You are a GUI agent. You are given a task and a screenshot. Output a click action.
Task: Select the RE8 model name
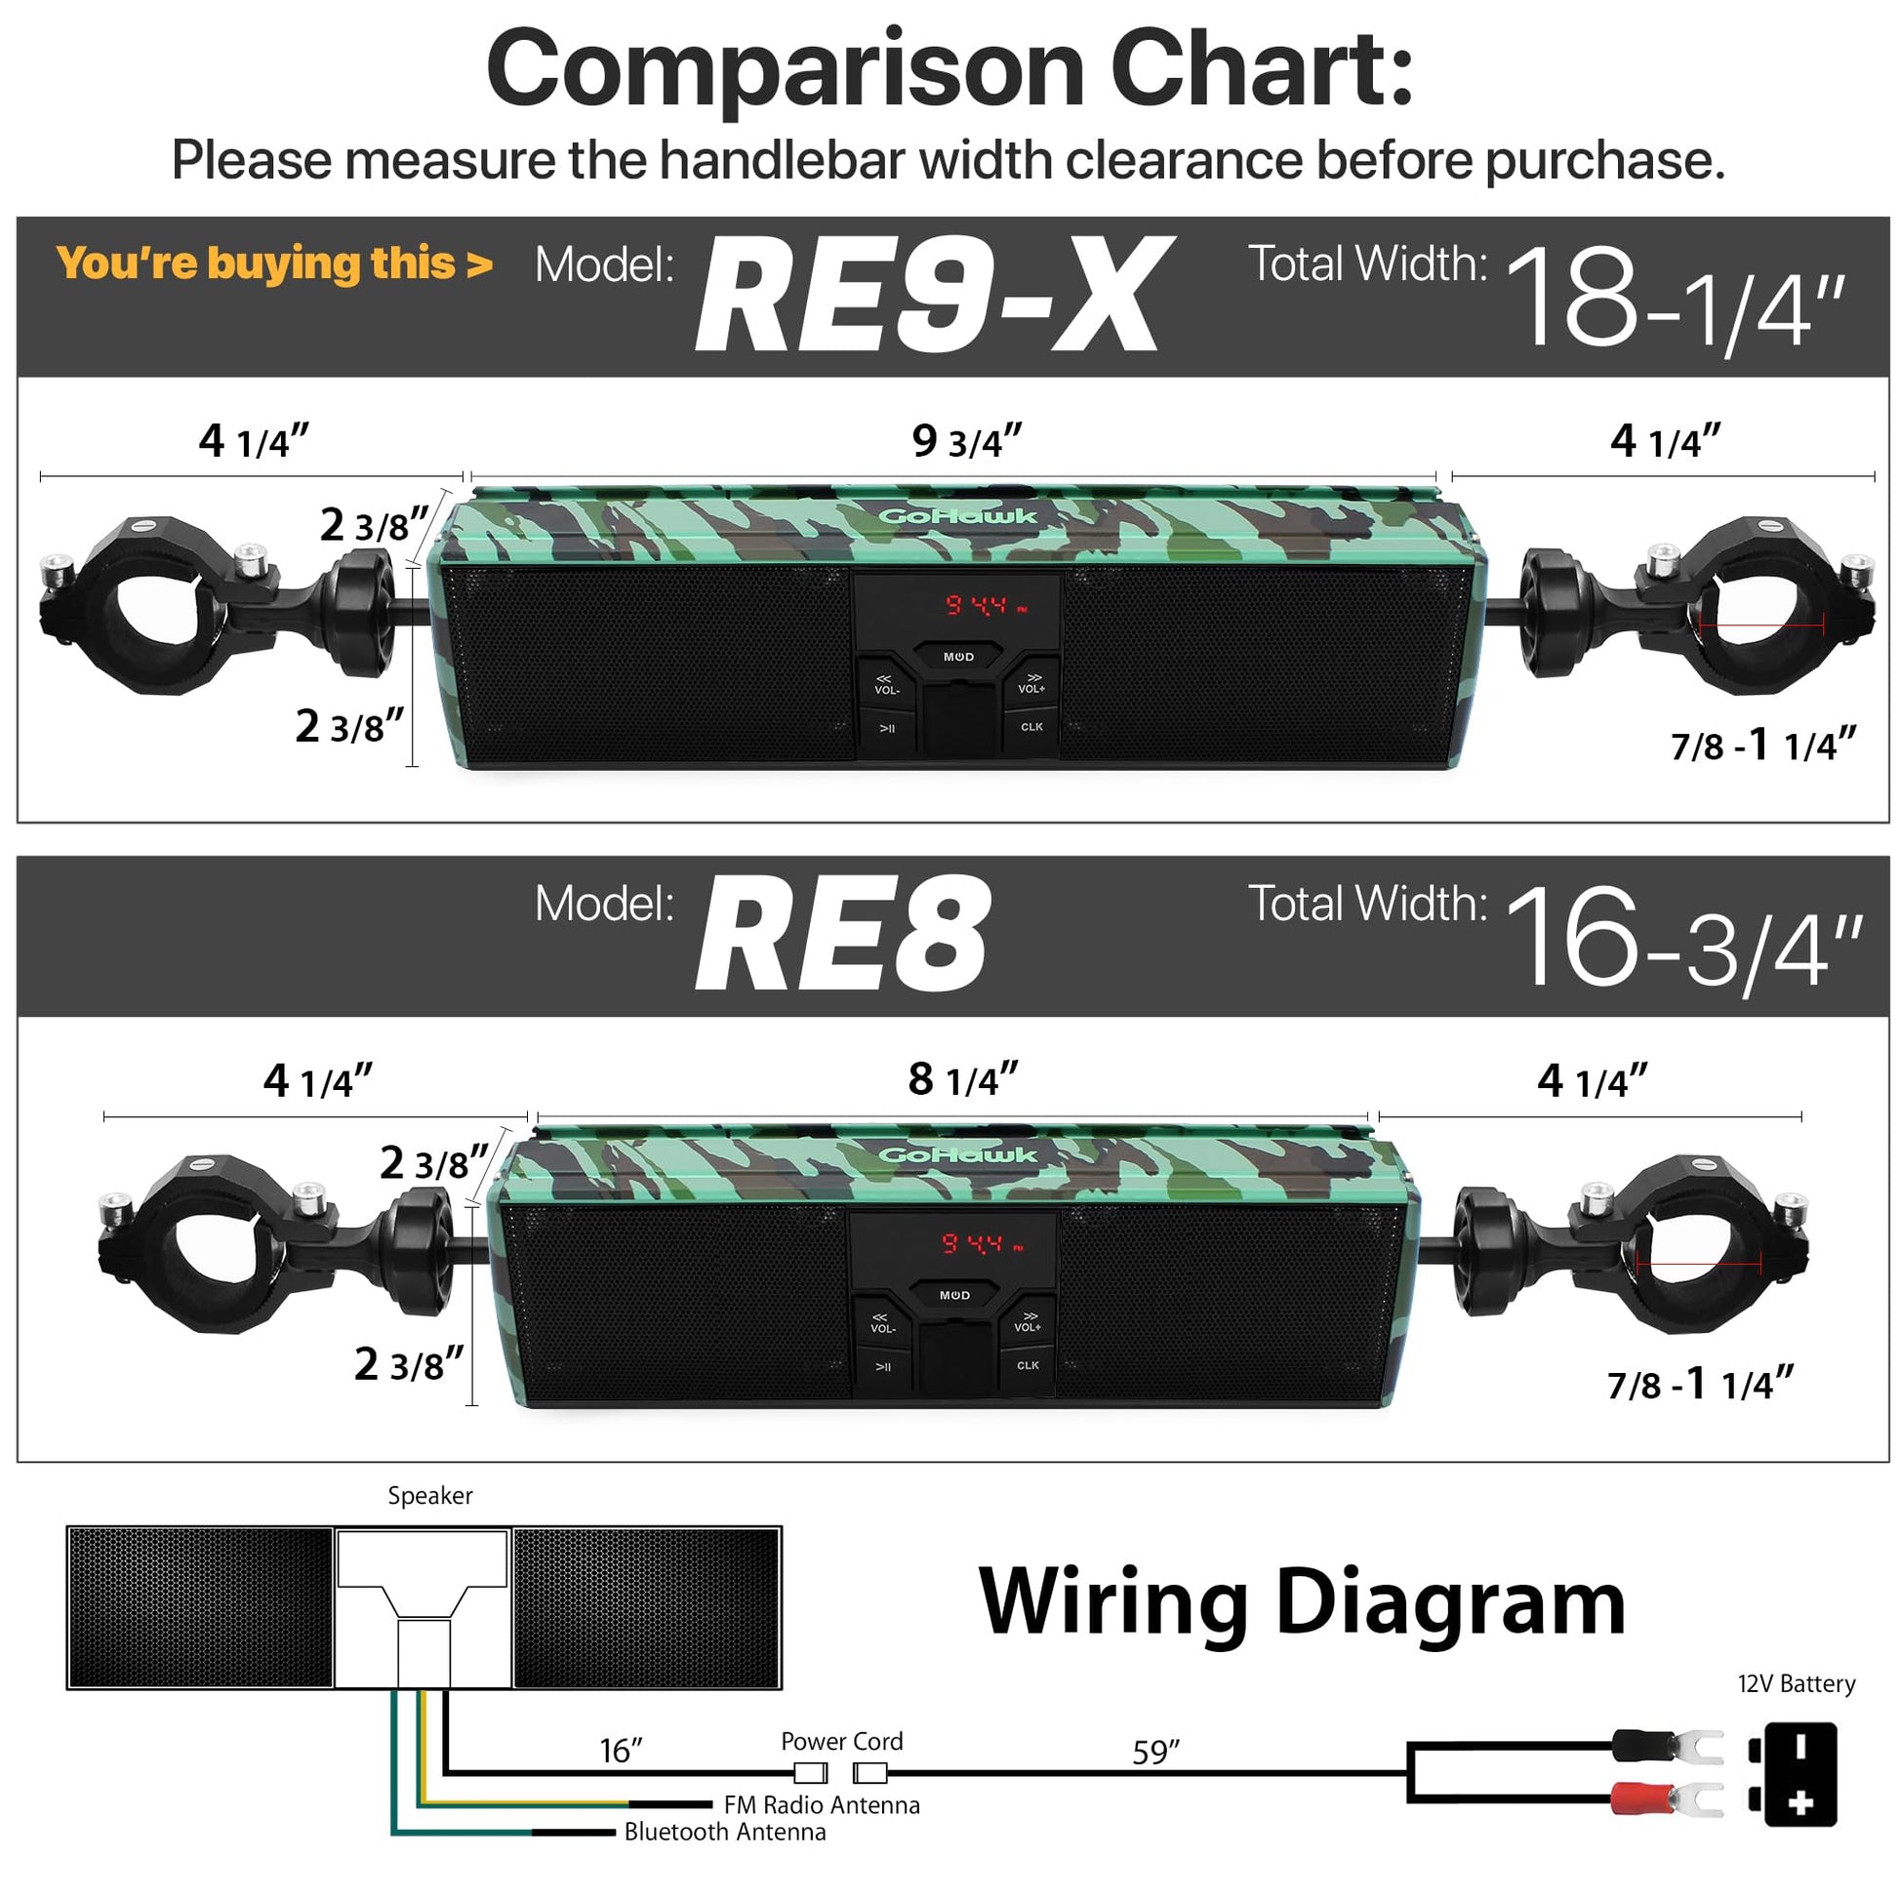[842, 935]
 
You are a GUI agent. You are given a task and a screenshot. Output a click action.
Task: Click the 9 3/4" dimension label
[967, 441]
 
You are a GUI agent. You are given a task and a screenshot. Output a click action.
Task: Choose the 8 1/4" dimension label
[963, 1080]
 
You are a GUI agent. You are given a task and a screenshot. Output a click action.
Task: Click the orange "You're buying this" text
[274, 263]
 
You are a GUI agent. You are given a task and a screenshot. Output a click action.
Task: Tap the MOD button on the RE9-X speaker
[958, 657]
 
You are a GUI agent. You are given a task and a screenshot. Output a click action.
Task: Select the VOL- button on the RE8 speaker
[883, 1322]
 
